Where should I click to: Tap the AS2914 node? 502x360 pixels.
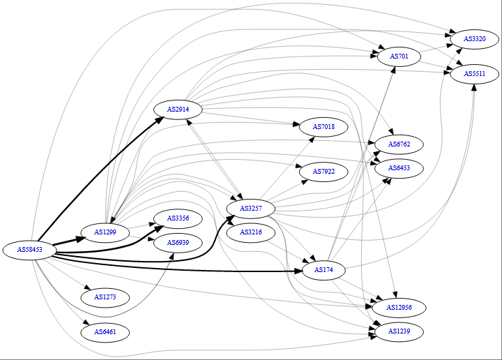point(178,110)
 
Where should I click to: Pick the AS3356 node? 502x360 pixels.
point(178,218)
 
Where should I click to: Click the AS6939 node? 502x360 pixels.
point(178,242)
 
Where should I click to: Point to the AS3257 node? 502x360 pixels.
point(250,208)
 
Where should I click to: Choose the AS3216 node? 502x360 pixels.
point(250,232)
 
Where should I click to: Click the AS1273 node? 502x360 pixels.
point(105,297)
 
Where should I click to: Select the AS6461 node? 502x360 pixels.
point(105,332)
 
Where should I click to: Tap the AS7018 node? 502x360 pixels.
point(324,127)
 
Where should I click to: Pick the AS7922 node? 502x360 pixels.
point(324,172)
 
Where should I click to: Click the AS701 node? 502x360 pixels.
point(399,56)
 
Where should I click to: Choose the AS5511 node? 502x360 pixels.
point(474,73)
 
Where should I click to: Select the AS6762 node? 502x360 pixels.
point(399,144)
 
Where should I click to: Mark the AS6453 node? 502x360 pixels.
point(399,168)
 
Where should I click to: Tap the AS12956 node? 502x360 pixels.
point(399,307)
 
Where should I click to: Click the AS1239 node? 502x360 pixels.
point(399,331)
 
